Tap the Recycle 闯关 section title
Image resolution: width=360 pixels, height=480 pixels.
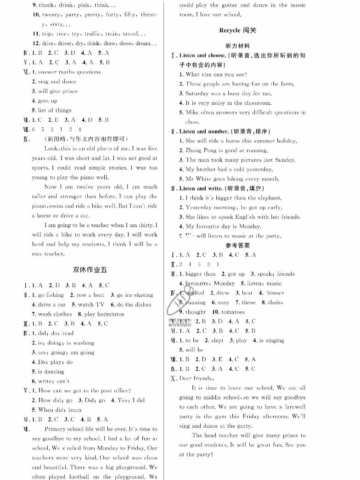click(x=238, y=30)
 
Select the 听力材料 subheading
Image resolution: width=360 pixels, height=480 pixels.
click(x=238, y=46)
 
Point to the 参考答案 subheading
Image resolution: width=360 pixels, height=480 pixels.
click(x=237, y=245)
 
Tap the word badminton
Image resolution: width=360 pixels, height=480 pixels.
click(x=109, y=314)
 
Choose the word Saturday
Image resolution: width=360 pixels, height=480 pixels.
click(x=200, y=93)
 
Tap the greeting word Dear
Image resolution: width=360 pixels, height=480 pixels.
click(x=186, y=378)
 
